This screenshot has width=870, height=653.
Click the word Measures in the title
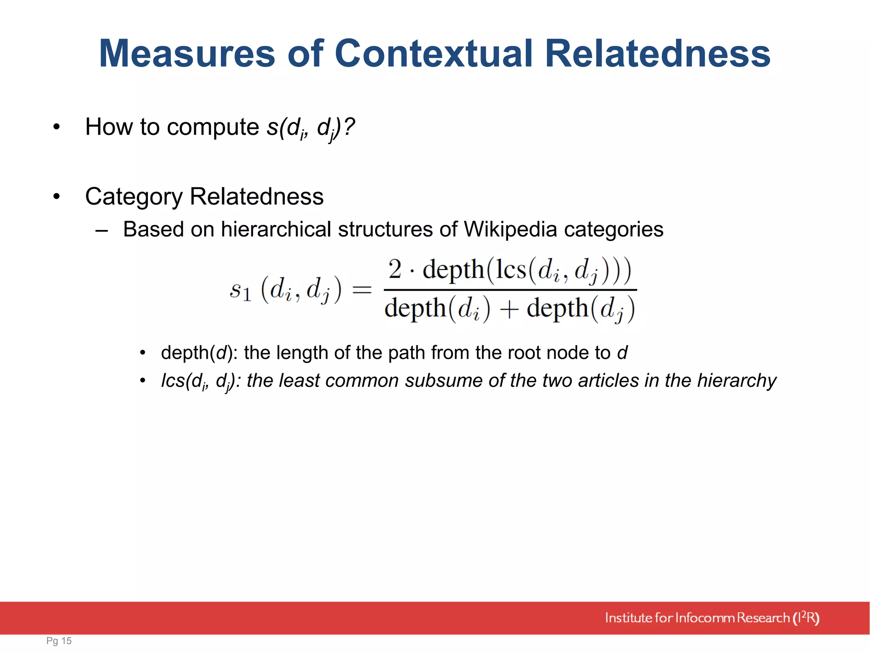(187, 54)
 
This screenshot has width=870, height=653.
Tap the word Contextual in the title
(433, 54)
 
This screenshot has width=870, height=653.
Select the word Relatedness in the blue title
(657, 54)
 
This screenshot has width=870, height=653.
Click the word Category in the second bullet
(133, 197)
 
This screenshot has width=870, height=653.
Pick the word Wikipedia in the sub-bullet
(510, 230)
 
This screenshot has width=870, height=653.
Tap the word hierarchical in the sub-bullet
(275, 230)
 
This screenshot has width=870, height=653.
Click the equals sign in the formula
(362, 290)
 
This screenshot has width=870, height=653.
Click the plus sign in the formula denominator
(508, 309)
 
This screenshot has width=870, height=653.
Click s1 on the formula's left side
(240, 291)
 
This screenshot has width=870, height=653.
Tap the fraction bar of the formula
(510, 290)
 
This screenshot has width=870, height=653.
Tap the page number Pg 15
(59, 641)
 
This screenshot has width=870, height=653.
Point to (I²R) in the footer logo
(806, 618)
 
